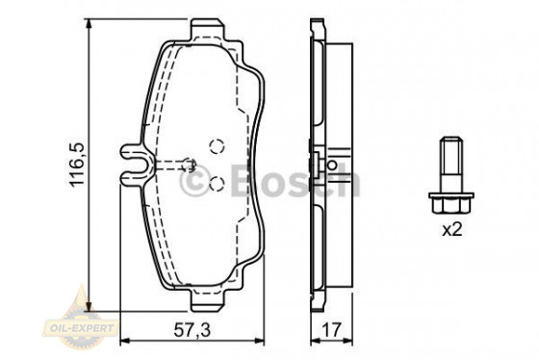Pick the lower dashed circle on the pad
(x=217, y=184)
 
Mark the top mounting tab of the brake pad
(x=206, y=30)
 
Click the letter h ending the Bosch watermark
(x=348, y=180)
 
